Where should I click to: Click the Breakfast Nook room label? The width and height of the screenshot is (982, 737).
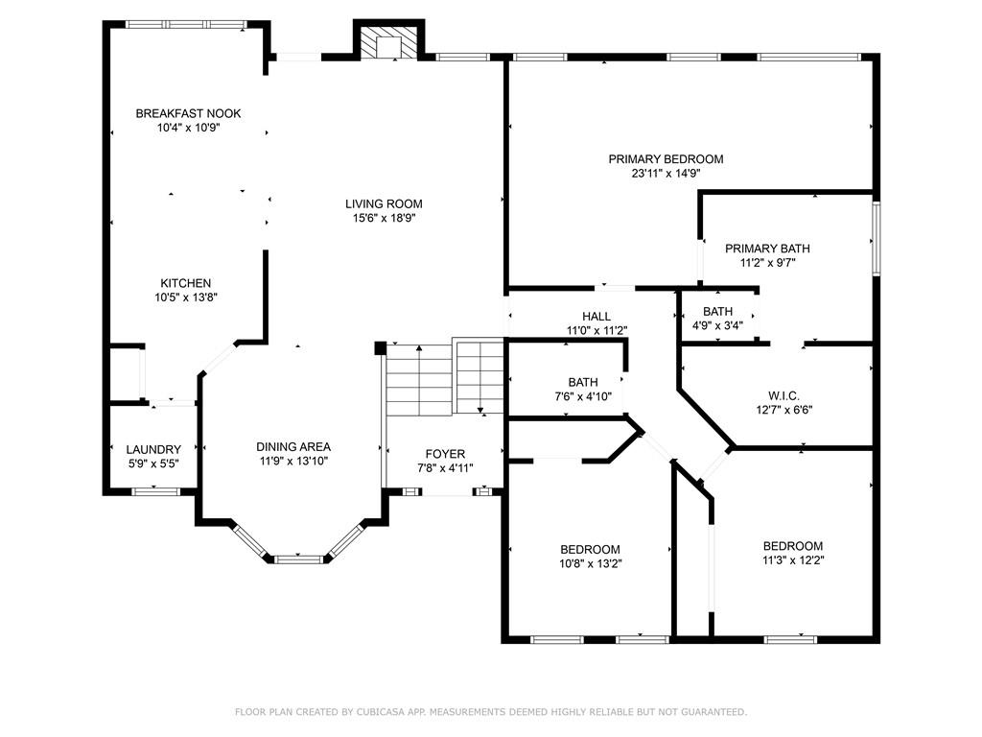188,113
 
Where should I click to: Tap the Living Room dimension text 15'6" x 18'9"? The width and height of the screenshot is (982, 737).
384,218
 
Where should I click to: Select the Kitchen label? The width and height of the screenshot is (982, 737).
185,283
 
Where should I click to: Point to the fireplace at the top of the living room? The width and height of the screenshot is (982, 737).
388,44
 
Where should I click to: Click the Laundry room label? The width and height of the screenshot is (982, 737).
153,449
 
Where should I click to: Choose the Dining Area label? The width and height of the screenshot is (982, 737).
293,446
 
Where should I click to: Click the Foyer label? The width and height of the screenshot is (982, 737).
445,454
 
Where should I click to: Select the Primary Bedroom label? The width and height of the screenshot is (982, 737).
666,159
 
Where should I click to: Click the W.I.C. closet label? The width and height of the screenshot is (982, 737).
783,395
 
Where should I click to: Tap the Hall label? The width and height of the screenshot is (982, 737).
596,317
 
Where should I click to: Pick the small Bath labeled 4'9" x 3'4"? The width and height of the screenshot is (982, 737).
717,311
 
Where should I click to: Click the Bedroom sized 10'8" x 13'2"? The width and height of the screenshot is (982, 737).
590,549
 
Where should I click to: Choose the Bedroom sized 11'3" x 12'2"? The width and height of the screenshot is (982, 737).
793,546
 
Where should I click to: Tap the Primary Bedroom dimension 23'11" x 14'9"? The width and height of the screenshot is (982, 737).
666,174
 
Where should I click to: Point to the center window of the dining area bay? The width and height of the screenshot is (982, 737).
298,558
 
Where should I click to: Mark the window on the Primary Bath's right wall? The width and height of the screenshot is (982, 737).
875,238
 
